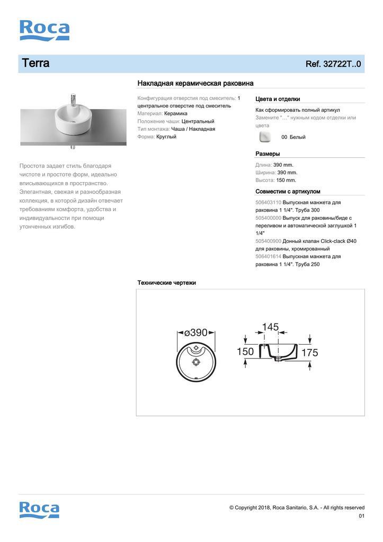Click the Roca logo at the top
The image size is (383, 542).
44,30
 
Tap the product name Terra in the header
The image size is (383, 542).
35,64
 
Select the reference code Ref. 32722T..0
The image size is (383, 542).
333,64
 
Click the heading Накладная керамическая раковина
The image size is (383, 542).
195,83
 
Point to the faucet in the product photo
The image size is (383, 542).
73,100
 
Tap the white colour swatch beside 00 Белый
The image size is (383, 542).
265,137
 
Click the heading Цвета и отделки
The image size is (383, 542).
278,99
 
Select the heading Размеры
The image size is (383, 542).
268,153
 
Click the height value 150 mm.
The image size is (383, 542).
286,180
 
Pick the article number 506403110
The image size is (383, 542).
268,203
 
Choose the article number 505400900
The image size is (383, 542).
268,241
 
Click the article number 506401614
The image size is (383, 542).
268,256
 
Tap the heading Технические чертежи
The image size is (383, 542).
166,283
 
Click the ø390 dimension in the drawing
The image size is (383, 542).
196,332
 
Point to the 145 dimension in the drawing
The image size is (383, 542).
270,327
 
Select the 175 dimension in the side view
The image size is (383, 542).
309,353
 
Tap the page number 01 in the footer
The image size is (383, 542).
361,516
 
